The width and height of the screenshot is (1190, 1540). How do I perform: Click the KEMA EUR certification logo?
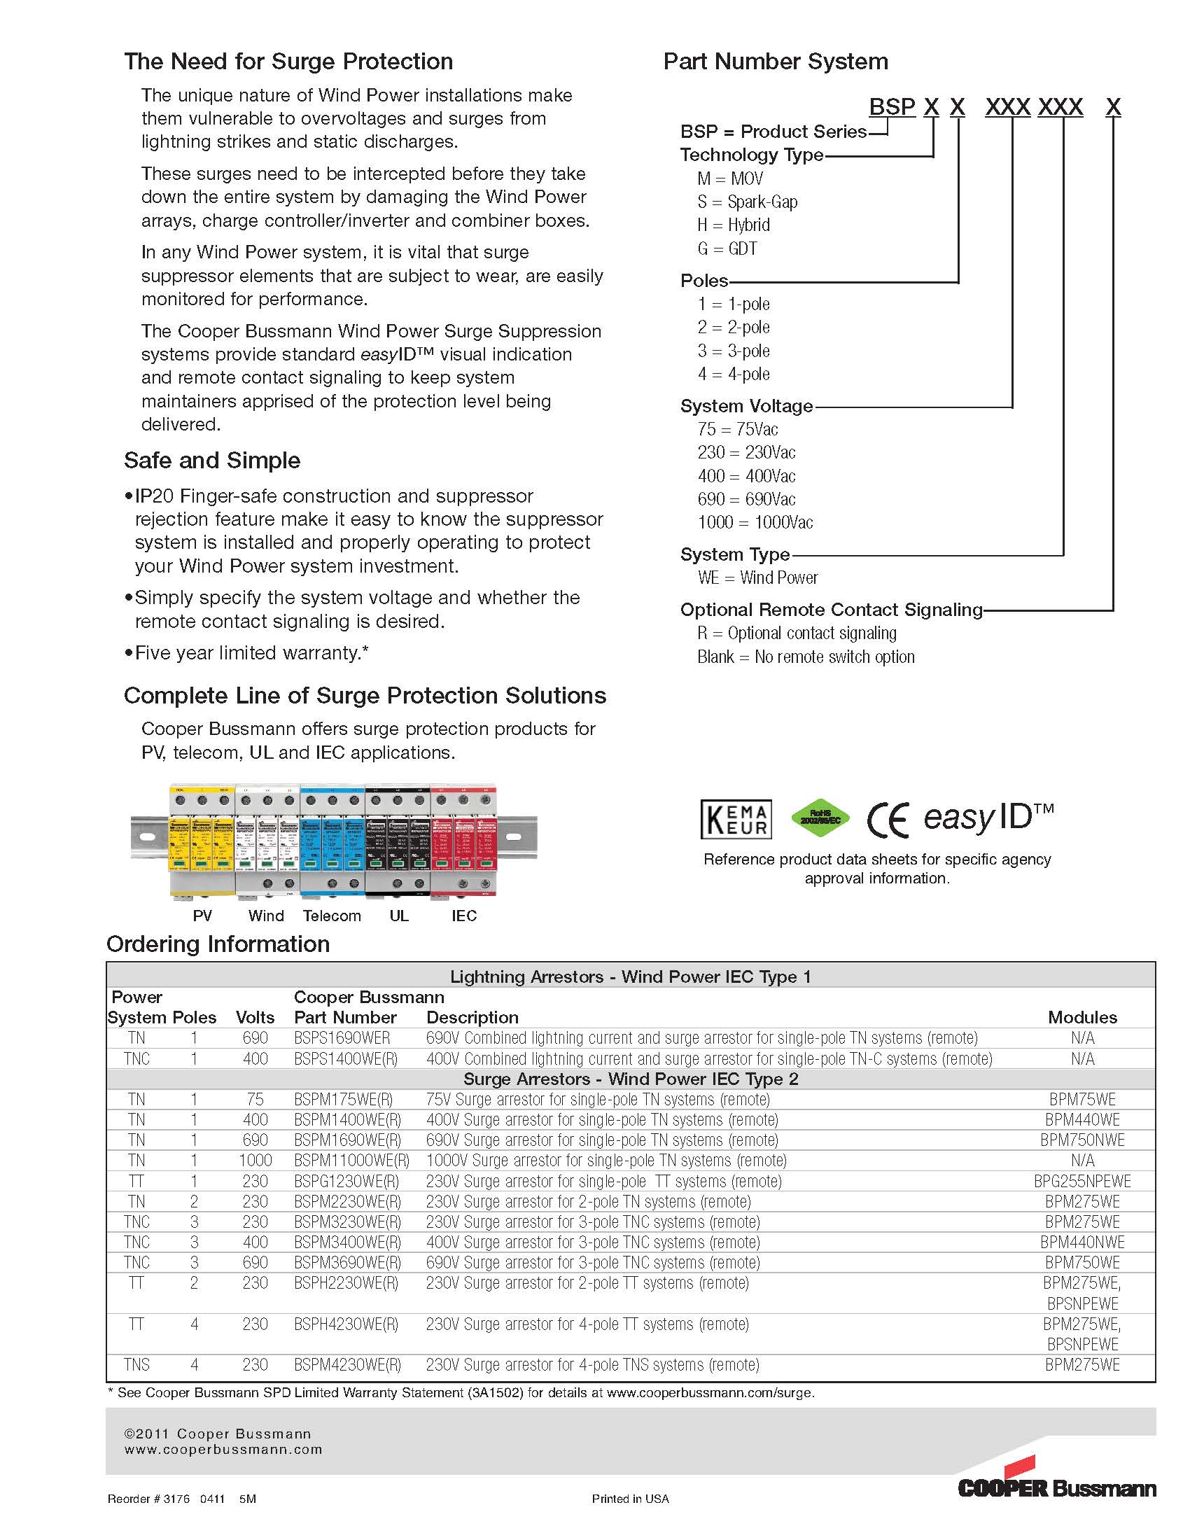[735, 819]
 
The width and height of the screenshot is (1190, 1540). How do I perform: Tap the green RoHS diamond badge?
[820, 818]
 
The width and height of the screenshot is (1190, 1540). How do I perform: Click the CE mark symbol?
[888, 820]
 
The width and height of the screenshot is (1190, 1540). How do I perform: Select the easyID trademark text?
[988, 817]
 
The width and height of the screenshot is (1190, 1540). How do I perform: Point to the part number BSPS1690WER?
[342, 1038]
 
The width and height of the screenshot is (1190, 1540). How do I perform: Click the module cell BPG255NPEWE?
[1082, 1181]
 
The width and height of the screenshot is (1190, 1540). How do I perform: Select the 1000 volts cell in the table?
[255, 1161]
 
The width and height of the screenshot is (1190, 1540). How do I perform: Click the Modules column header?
[1082, 1018]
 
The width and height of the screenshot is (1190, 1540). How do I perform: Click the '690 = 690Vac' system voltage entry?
[746, 499]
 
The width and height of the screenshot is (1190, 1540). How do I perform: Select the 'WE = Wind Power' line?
[757, 577]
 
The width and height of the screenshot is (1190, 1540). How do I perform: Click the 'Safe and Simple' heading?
[212, 461]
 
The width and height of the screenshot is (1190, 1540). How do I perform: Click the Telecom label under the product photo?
[331, 916]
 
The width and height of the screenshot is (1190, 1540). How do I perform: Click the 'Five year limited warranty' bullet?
[251, 653]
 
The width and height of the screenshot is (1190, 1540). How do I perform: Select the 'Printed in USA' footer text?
[630, 1499]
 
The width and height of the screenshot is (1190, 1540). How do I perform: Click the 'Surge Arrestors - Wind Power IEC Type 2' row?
[630, 1079]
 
